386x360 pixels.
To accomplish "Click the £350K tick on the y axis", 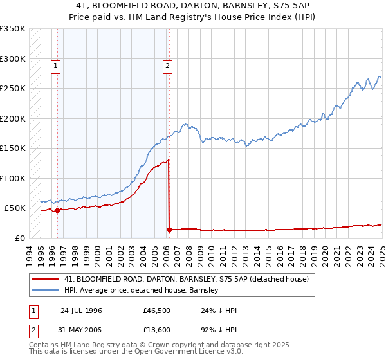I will pyautogui.click(x=12, y=29).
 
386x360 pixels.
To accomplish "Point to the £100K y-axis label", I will pyautogui.click(x=12, y=178).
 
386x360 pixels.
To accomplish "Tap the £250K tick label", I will pyautogui.click(x=12, y=89).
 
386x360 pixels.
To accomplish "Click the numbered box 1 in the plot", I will pyautogui.click(x=56, y=65).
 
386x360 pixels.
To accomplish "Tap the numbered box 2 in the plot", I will pyautogui.click(x=167, y=65).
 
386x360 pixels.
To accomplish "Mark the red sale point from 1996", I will pyautogui.click(x=57, y=210).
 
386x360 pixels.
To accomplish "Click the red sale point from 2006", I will pyautogui.click(x=169, y=230).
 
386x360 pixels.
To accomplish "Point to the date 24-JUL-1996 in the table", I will pyautogui.click(x=82, y=310).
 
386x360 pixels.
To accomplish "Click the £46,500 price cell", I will pyautogui.click(x=156, y=310).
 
